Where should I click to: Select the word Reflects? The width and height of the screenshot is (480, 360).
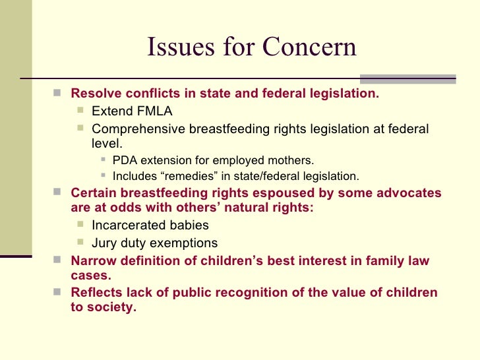pos(95,293)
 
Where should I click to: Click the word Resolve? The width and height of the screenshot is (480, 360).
pos(93,94)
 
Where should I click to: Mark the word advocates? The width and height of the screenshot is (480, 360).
pos(410,193)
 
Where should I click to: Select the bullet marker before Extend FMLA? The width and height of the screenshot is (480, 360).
pos(80,110)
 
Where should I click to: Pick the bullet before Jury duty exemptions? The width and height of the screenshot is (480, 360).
pos(80,243)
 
